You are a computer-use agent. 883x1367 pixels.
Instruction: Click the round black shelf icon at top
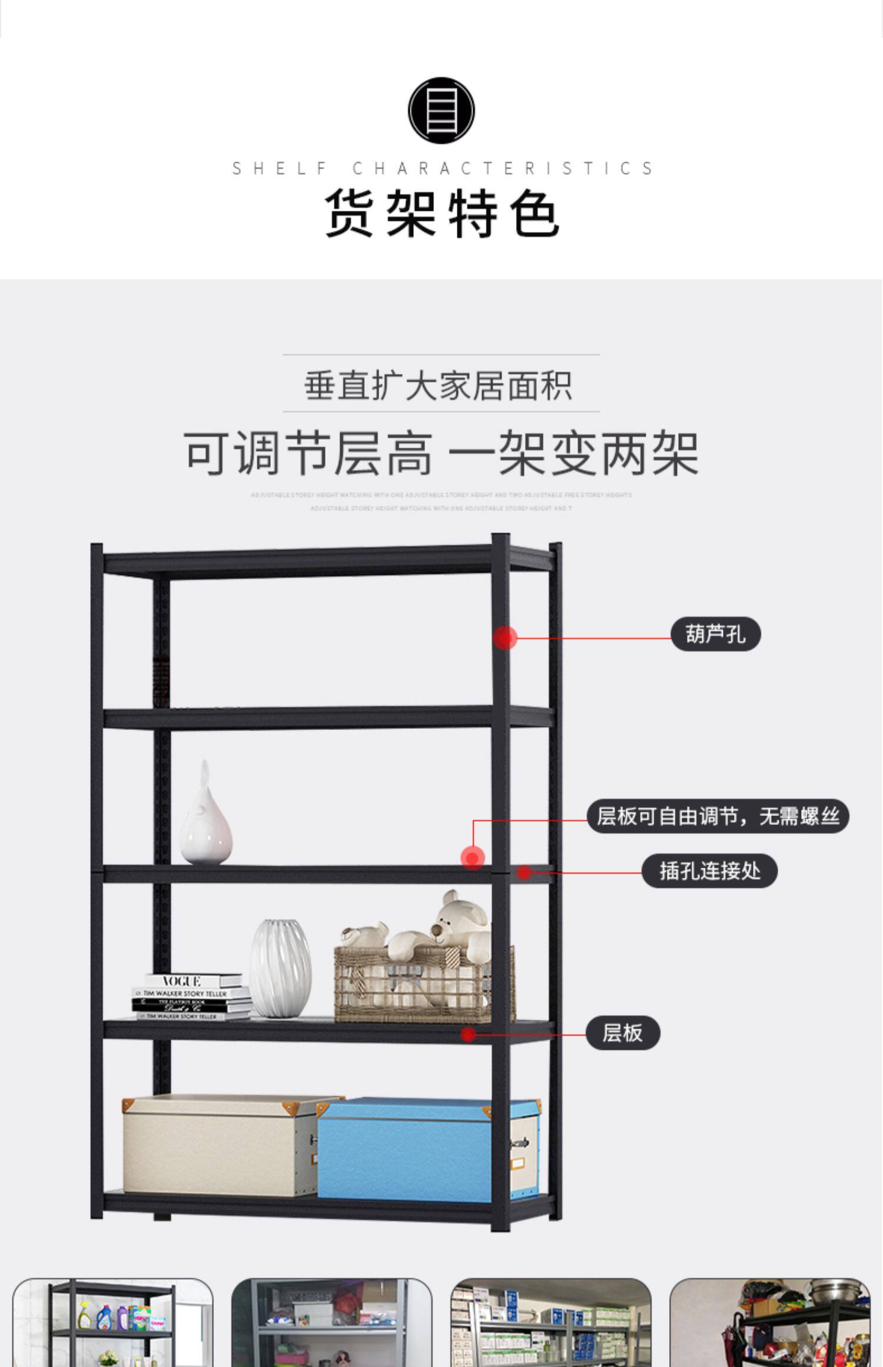click(441, 110)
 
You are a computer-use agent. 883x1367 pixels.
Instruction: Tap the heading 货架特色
click(441, 213)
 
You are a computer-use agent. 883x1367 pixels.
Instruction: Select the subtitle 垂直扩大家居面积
click(439, 386)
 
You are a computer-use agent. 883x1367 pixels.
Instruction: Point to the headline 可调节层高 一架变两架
click(441, 453)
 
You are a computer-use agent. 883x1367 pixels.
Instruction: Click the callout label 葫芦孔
click(715, 635)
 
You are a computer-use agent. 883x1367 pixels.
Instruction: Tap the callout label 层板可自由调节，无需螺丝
click(718, 816)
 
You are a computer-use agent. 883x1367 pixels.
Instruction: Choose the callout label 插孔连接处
click(709, 871)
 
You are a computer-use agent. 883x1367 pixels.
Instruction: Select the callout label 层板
click(622, 1033)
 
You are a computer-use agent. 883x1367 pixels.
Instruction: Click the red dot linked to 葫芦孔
click(505, 638)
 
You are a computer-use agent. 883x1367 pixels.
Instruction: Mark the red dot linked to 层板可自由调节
click(473, 858)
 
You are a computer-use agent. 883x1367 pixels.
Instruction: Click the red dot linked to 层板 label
click(469, 1034)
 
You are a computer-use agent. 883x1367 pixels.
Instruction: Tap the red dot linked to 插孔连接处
click(524, 872)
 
